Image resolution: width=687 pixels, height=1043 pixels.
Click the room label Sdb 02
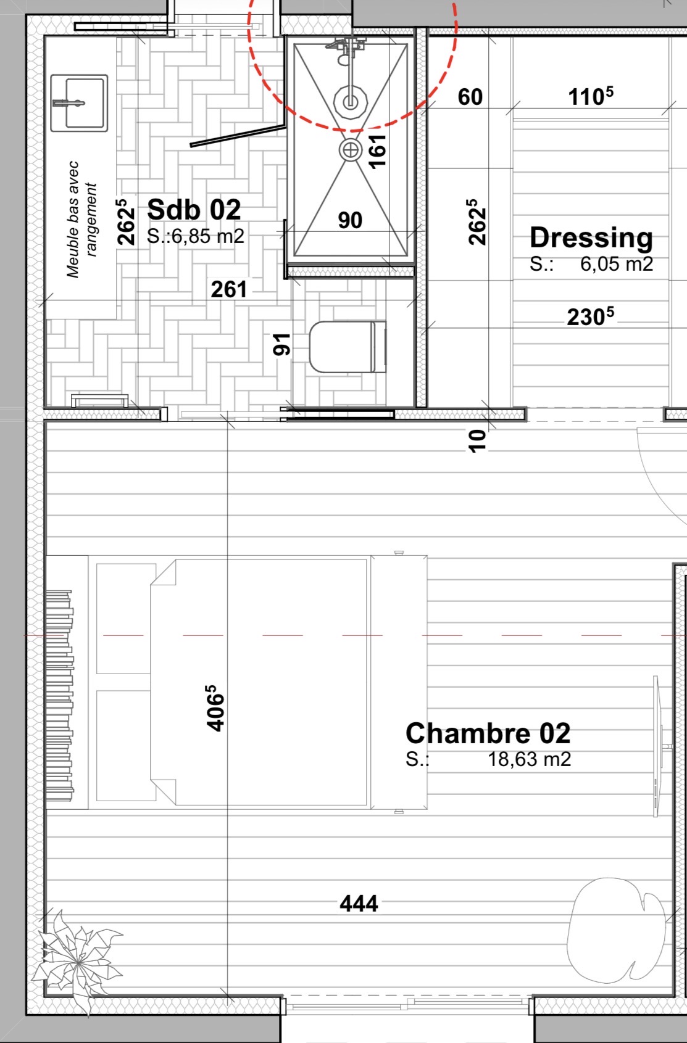click(194, 210)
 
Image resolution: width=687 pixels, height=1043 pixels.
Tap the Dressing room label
click(591, 238)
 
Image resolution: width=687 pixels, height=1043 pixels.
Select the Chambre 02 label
click(488, 733)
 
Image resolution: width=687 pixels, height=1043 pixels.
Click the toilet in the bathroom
click(348, 347)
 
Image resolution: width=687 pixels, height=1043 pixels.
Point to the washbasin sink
click(79, 103)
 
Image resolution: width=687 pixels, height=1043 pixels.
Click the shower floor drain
click(350, 150)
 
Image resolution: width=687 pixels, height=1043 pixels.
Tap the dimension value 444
click(359, 904)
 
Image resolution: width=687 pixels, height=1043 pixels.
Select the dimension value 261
click(228, 290)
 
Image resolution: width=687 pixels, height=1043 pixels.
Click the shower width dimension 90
click(350, 220)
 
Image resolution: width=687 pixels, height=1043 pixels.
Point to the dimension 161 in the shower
click(378, 150)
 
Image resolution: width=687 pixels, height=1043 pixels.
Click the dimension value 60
click(470, 97)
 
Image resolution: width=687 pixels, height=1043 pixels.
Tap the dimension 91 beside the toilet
click(282, 345)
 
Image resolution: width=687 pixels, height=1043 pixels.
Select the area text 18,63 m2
click(529, 759)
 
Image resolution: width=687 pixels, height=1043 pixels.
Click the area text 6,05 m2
click(616, 265)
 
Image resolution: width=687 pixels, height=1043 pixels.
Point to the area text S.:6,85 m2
click(195, 236)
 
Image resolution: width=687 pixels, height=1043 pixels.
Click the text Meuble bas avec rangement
click(82, 220)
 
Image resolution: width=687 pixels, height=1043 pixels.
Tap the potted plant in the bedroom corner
click(77, 959)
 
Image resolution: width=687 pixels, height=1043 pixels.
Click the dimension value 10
click(477, 440)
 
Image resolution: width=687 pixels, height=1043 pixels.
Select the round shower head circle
click(351, 102)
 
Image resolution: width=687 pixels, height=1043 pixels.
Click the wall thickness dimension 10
click(477, 440)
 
